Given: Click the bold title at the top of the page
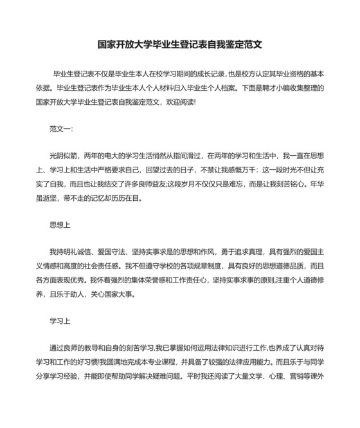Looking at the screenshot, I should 179,46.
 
